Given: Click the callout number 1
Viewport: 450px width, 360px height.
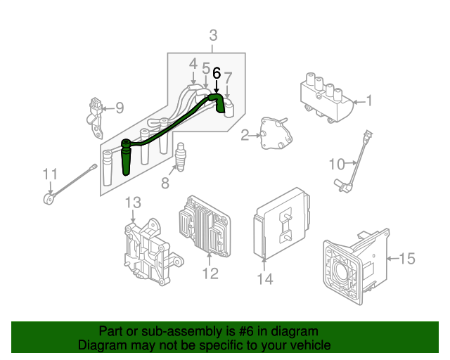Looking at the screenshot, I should click(x=369, y=102).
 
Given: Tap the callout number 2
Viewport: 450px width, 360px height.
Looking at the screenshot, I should click(x=245, y=135).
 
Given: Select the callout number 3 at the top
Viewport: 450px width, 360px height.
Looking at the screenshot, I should click(x=213, y=35).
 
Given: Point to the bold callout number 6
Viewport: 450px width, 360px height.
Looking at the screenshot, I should click(x=217, y=72).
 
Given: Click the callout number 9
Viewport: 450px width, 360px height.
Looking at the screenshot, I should click(x=119, y=108).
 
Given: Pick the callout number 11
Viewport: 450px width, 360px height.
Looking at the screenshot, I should click(x=49, y=174).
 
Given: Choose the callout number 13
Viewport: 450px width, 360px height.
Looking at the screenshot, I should click(x=134, y=203).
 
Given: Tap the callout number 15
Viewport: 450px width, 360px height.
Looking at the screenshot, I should click(x=407, y=259).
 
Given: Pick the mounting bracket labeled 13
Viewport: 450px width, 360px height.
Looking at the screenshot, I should click(x=149, y=250).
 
